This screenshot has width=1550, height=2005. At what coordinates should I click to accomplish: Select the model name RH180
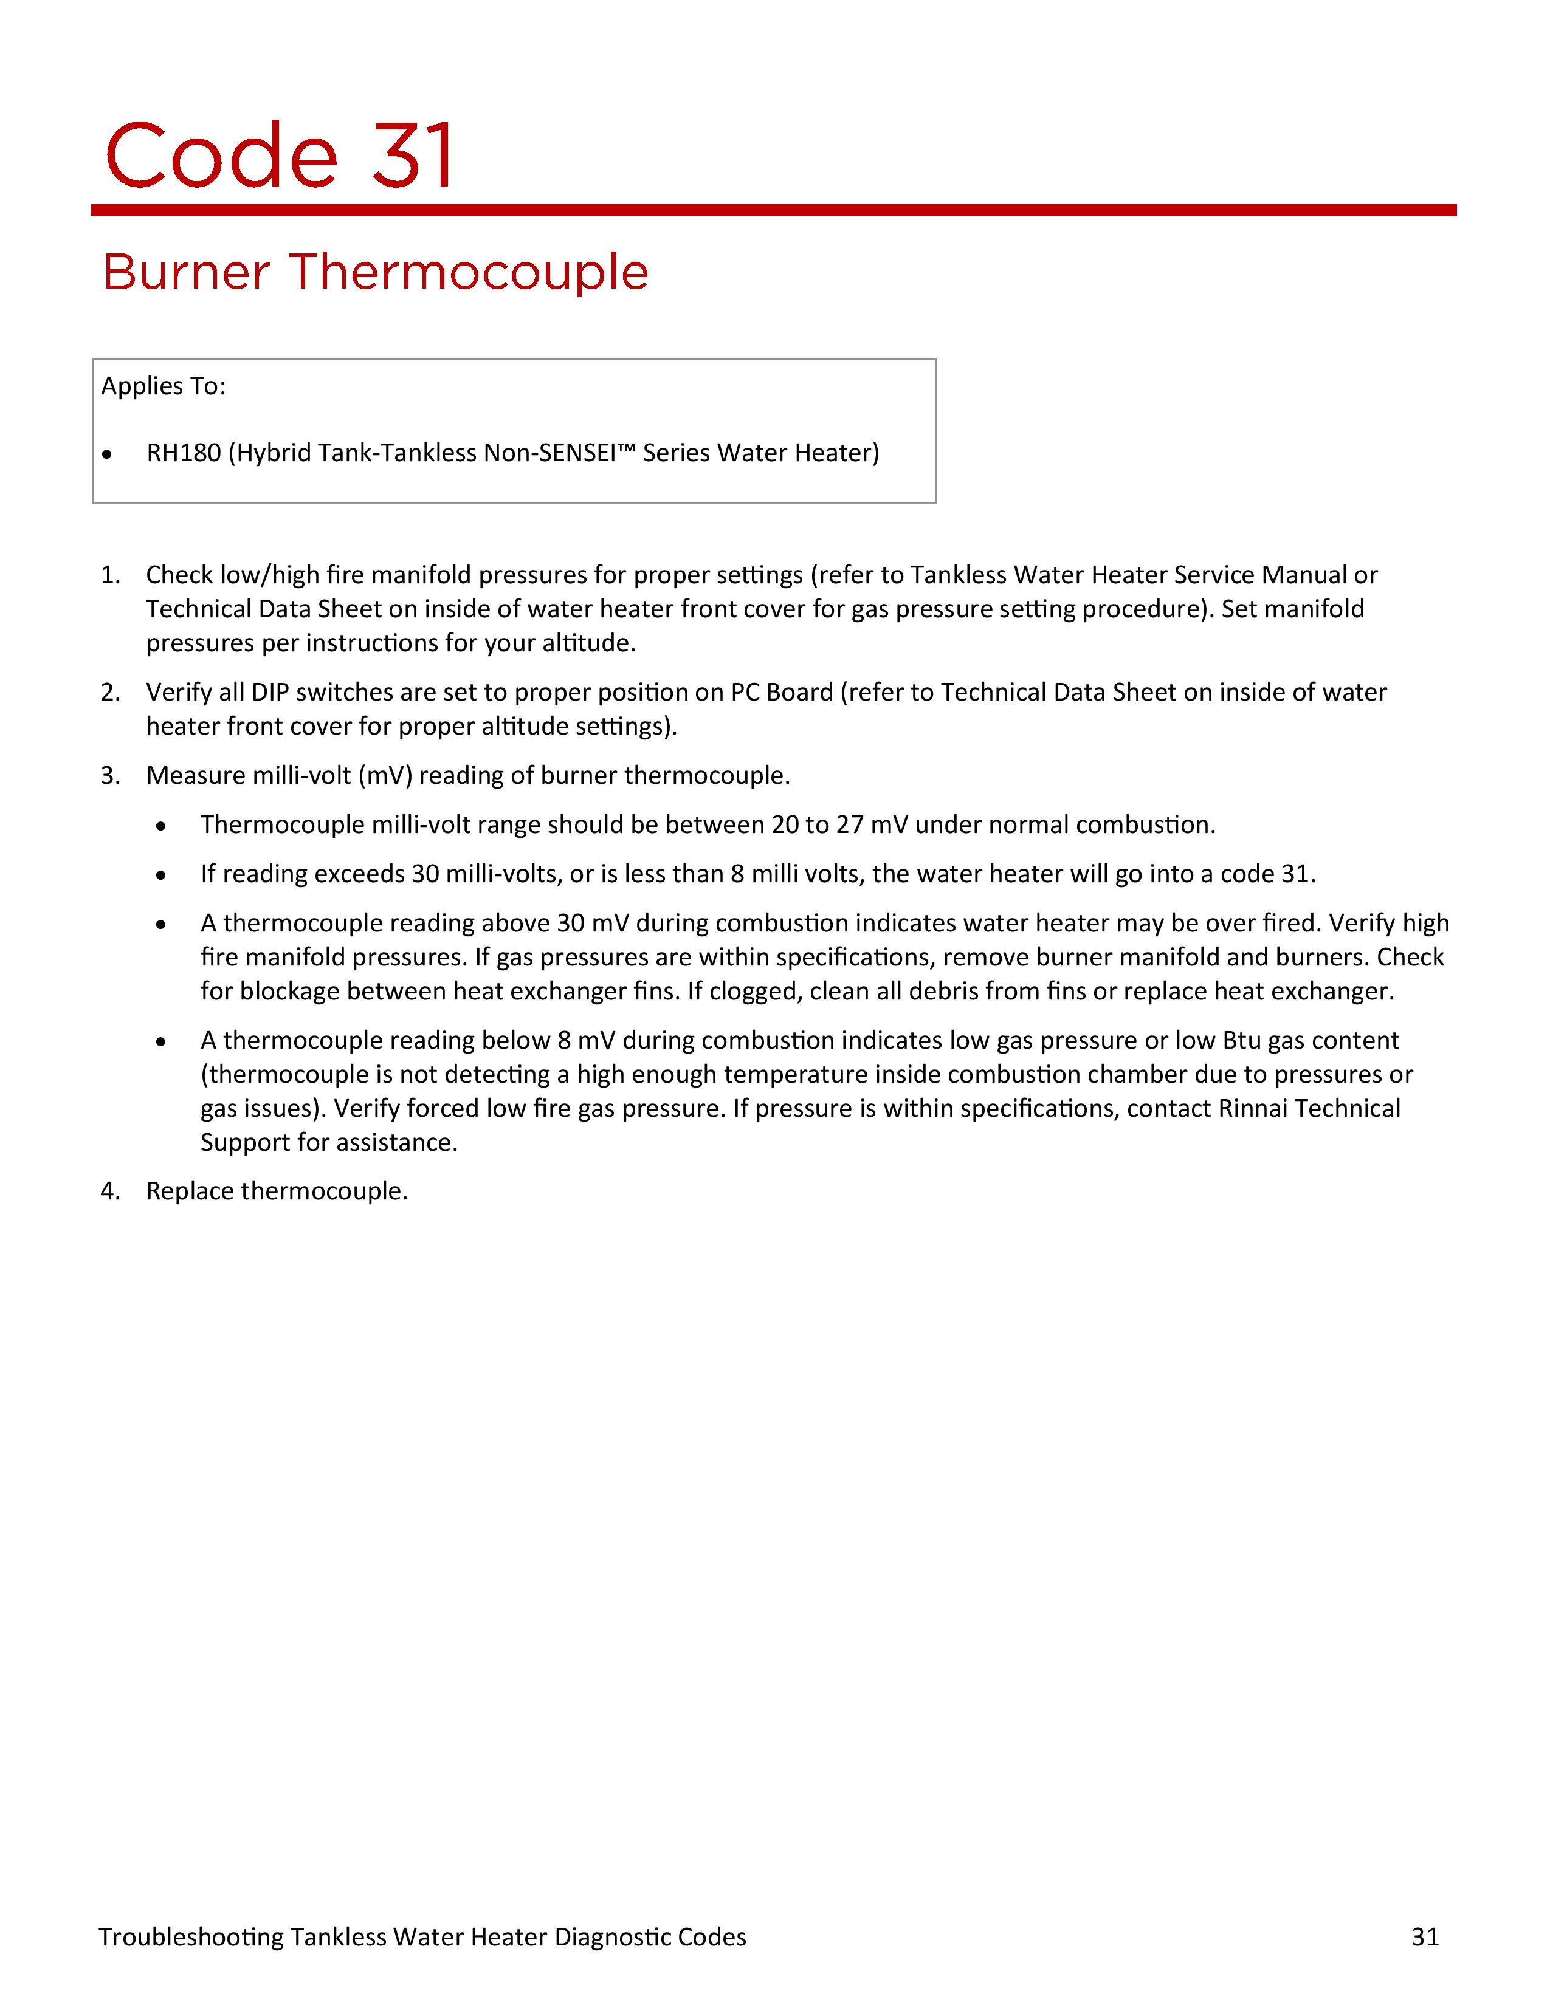pos(184,453)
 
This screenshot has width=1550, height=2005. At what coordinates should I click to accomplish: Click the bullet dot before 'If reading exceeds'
pos(162,876)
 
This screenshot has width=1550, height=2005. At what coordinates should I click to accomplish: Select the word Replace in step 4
pos(189,1191)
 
